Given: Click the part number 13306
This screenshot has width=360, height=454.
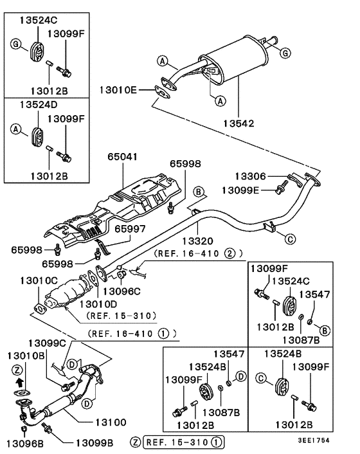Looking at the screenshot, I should [x=251, y=176].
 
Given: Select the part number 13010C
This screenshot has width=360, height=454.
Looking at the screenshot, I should [x=40, y=280].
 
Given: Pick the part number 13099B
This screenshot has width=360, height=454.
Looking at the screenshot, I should [x=94, y=442].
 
